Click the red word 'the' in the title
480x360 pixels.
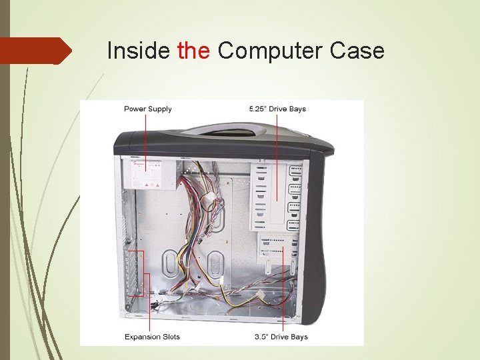(x=194, y=51)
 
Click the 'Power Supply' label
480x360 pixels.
(x=147, y=109)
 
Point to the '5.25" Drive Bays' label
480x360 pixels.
(x=277, y=109)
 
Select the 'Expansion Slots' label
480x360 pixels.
(x=152, y=337)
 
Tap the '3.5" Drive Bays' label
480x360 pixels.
(x=281, y=337)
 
